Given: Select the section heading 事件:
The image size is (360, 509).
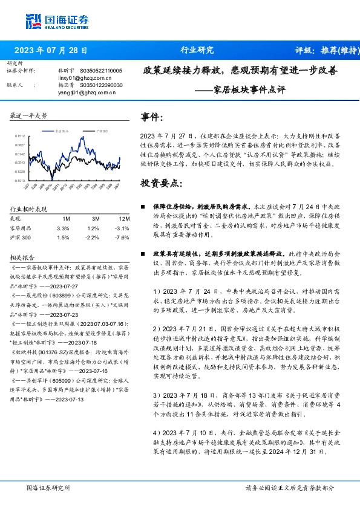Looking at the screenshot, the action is click(x=152, y=117).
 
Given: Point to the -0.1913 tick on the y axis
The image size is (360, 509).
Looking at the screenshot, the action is click(x=19, y=180).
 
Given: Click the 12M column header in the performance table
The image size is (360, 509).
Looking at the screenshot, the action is click(x=124, y=218).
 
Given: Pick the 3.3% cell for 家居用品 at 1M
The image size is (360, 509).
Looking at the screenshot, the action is click(x=63, y=228).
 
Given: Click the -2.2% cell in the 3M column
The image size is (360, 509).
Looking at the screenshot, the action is click(x=93, y=238).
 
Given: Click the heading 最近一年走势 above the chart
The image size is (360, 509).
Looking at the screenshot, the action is click(x=28, y=115).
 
